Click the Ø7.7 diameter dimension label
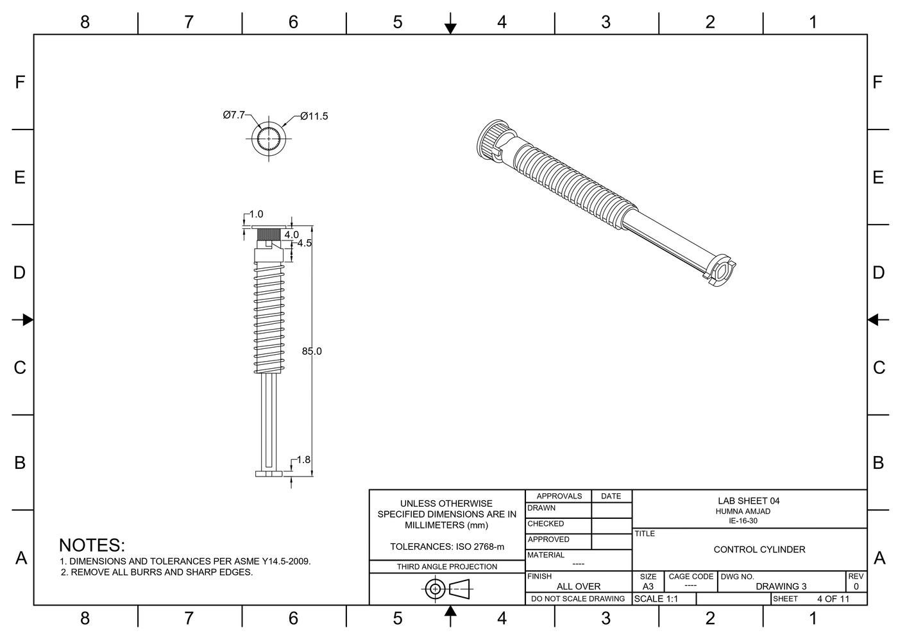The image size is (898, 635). click(233, 115)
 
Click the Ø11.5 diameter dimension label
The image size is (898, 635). click(314, 116)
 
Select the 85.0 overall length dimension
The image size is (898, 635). click(312, 351)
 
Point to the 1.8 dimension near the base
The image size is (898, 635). click(303, 460)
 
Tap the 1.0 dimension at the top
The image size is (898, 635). click(256, 214)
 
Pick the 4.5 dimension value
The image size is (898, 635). click(304, 244)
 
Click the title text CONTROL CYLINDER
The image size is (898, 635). click(759, 550)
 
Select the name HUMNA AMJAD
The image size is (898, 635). click(743, 511)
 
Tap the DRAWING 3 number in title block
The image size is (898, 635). click(781, 586)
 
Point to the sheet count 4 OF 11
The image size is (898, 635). click(833, 599)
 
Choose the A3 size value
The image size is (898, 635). click(648, 586)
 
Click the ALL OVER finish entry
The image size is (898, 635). click(578, 586)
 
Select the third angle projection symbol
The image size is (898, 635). click(447, 588)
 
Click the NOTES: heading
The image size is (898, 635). click(92, 545)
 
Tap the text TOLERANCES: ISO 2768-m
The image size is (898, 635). click(447, 547)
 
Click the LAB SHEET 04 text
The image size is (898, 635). click(749, 501)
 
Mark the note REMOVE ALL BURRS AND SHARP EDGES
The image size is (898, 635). click(161, 572)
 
